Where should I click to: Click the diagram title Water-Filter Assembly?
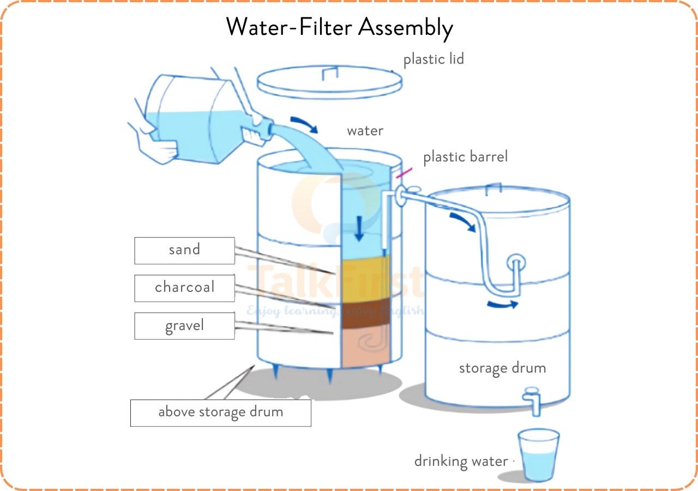[x=339, y=27]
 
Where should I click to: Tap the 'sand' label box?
[x=184, y=250]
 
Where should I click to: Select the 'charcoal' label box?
[x=184, y=288]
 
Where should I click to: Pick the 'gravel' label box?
[x=184, y=326]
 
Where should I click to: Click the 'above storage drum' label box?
[x=220, y=412]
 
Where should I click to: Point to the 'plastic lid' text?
[x=434, y=59]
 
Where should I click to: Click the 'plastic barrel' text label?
[x=465, y=157]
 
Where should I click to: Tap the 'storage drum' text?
[x=502, y=368]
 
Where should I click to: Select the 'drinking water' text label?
[x=461, y=462]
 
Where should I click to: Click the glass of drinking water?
[x=538, y=456]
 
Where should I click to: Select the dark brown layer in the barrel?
[x=365, y=312]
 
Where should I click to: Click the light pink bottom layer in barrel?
[x=365, y=345]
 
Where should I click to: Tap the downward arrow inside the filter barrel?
[x=358, y=227]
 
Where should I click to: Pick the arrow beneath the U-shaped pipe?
[x=502, y=304]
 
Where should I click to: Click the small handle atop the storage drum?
[x=493, y=189]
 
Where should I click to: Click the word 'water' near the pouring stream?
[x=365, y=131]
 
